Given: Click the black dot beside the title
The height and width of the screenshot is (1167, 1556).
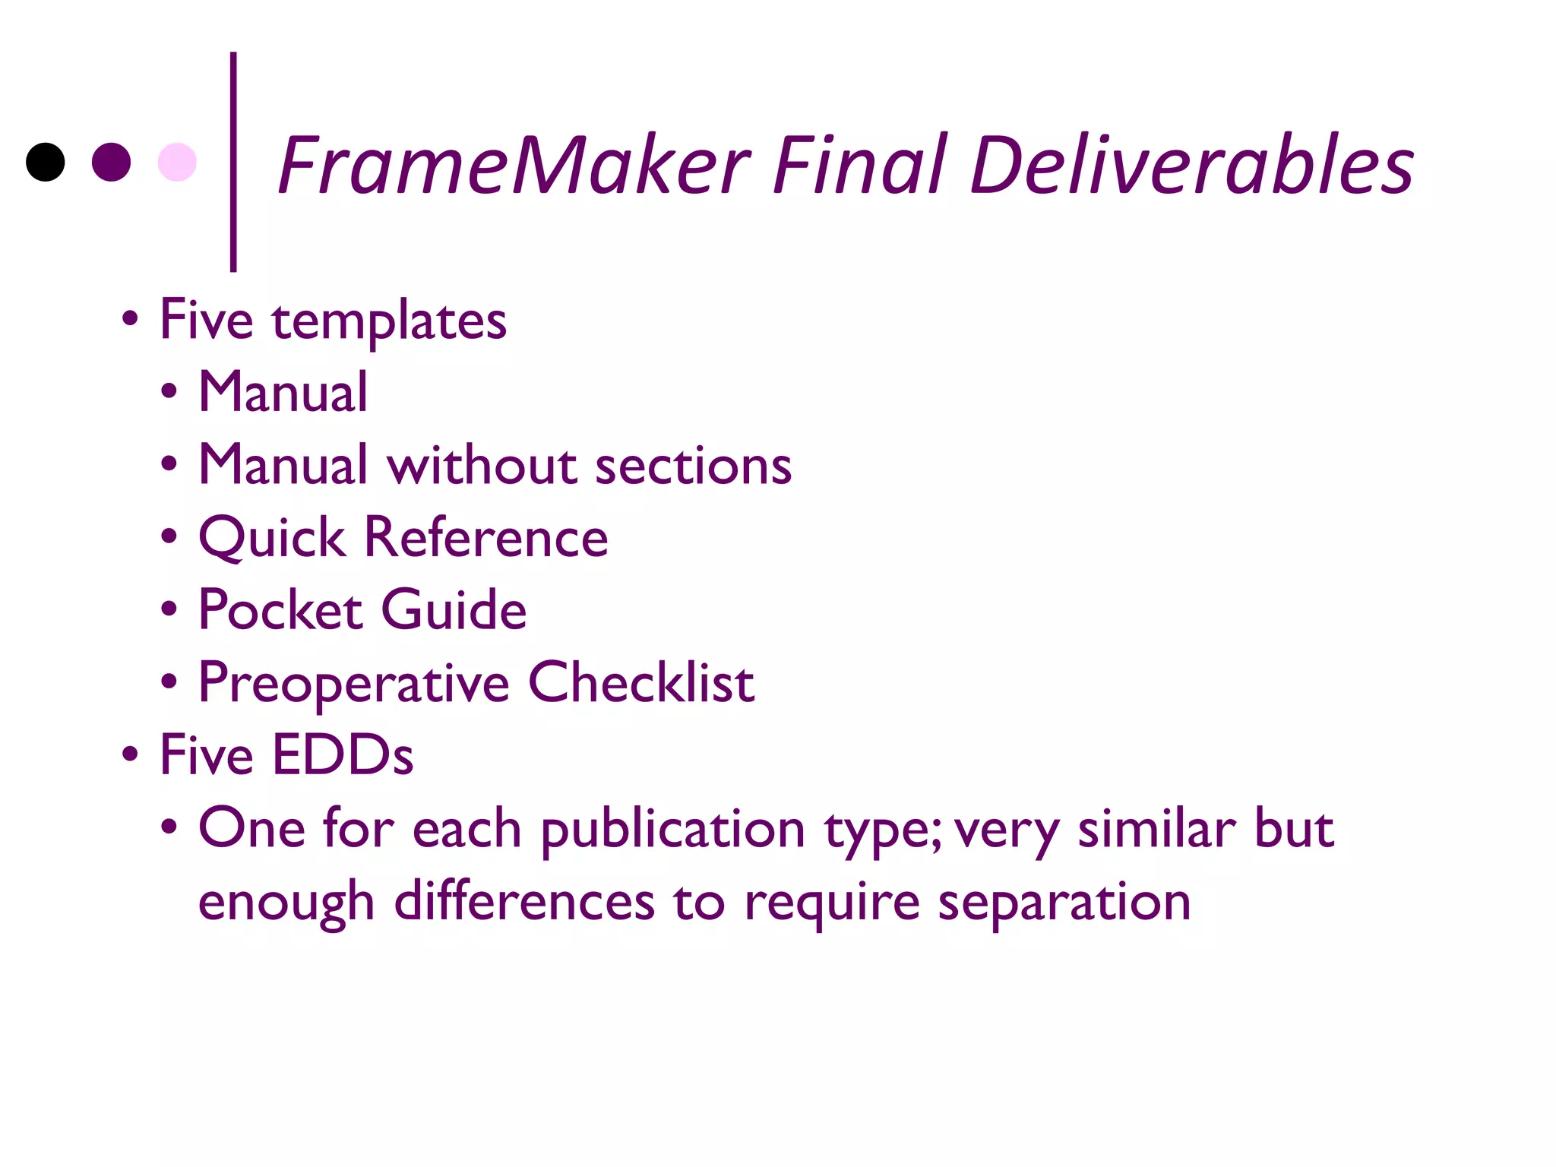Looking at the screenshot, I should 46,162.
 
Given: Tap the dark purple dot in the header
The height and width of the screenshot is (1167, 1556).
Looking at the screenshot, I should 111,162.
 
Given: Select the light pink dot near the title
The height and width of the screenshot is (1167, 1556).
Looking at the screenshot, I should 177,162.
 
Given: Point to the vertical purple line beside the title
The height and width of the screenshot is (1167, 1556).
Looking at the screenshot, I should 233,161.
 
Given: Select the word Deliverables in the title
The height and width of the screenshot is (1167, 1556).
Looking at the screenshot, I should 1191,165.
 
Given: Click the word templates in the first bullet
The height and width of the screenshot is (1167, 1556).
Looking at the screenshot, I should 389,321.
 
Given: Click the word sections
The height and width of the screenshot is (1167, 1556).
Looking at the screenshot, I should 693,465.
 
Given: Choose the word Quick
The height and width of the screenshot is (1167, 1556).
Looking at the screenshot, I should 272,538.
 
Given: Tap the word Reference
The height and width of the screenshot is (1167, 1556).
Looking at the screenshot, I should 486,537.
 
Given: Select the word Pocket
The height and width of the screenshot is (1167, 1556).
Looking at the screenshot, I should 280,610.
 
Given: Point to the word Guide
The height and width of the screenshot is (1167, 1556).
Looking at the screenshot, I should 454,610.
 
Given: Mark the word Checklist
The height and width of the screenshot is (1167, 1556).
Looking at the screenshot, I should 640,682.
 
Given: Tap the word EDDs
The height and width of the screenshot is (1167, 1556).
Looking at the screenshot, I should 343,755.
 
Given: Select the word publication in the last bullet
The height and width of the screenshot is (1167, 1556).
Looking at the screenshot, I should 672,830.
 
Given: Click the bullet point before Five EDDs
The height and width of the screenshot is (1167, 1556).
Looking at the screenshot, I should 131,754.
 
